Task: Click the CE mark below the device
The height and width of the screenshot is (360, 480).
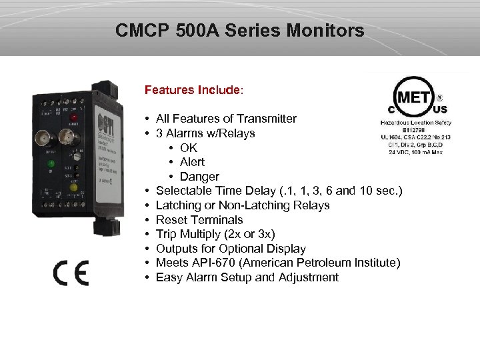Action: pos(71,273)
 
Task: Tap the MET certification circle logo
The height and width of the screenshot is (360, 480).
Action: pos(413,98)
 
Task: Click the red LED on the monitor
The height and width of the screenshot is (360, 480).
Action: pos(73,119)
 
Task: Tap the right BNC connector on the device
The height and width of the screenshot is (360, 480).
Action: pos(67,137)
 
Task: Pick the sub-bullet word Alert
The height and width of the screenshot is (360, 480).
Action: pos(192,162)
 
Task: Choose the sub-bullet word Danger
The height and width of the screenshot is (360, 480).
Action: pos(199,177)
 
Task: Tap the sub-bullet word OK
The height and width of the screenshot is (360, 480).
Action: pos(189,147)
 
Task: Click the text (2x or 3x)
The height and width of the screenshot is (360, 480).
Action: pos(250,234)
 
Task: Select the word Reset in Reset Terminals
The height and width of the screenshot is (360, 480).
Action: pos(171,219)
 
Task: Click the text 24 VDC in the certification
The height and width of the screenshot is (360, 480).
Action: pos(402,151)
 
